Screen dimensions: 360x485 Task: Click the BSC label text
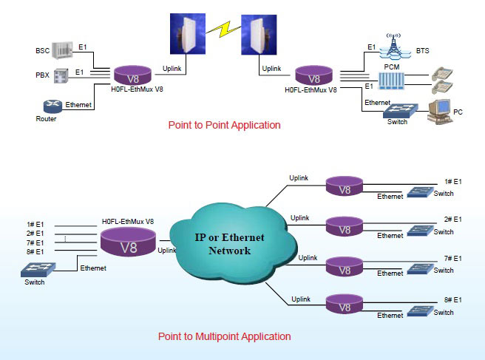coord(42,51)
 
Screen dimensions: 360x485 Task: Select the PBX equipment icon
coord(61,74)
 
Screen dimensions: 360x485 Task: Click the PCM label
coord(392,67)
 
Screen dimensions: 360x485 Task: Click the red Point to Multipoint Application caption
coord(224,336)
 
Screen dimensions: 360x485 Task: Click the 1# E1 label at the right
coord(452,181)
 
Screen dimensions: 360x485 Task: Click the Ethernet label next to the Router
coord(78,105)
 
